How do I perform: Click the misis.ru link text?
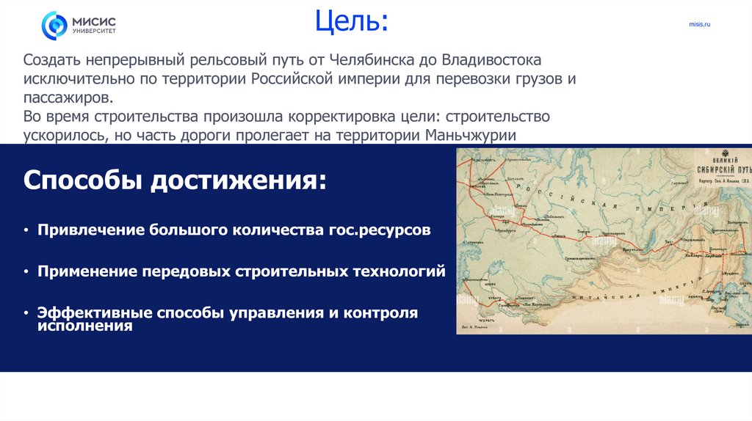(699, 25)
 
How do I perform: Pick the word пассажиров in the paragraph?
(68, 98)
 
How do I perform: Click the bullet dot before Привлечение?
(27, 230)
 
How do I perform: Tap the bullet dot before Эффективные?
(27, 313)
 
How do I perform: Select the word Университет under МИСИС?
(93, 32)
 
